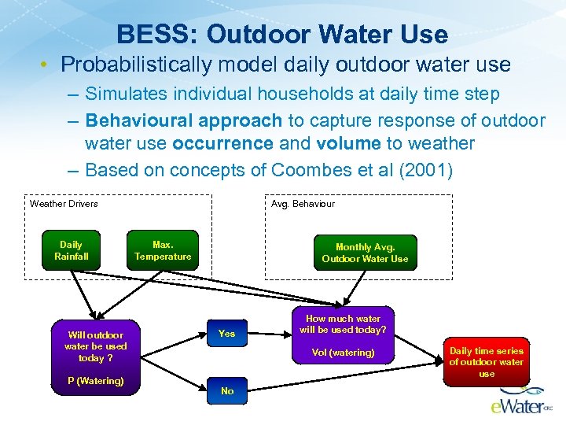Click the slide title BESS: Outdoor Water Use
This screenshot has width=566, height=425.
(x=282, y=35)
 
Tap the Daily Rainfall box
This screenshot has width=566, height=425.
(x=71, y=250)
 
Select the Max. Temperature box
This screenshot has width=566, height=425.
(x=163, y=250)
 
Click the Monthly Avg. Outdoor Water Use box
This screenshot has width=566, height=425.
(x=365, y=253)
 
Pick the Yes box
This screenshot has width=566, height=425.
(x=226, y=334)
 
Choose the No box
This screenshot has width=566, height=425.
(x=226, y=391)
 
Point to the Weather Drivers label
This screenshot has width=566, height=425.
(x=64, y=204)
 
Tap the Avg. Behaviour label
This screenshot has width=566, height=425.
(x=303, y=204)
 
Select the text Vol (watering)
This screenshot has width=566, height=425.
(x=343, y=353)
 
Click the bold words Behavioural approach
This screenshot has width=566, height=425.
(x=183, y=121)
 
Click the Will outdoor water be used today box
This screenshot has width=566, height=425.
(x=95, y=346)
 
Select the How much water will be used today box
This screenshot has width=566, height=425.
(x=343, y=324)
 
